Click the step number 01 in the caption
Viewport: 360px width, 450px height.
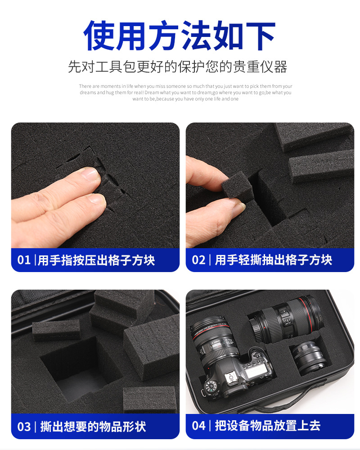click(x=24, y=260)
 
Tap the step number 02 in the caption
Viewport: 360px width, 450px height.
click(x=198, y=260)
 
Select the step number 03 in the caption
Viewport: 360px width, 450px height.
click(x=24, y=427)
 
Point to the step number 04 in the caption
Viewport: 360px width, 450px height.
click(x=198, y=426)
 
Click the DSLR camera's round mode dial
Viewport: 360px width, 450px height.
click(x=211, y=386)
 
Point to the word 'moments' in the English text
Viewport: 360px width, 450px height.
click(x=110, y=86)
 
